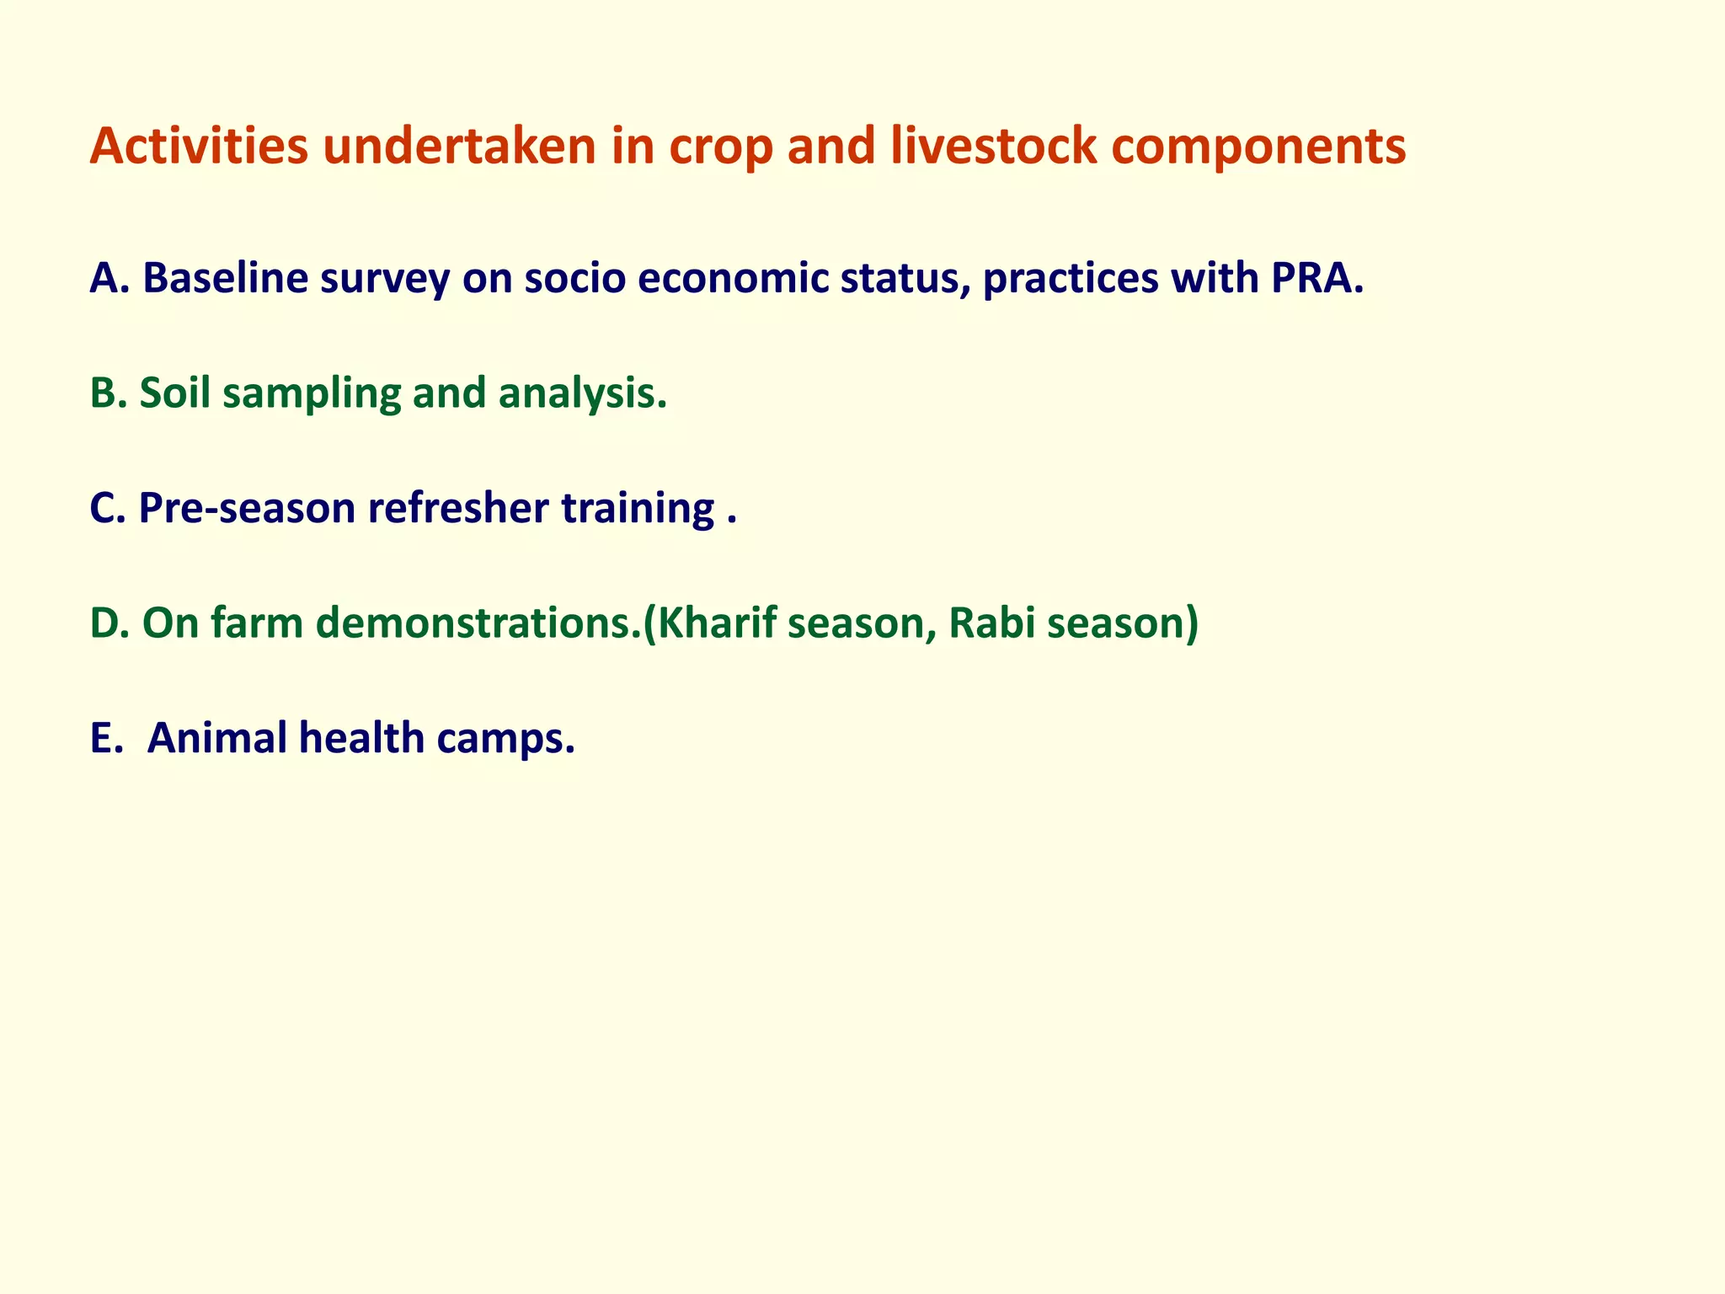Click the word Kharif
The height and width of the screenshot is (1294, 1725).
(716, 623)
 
